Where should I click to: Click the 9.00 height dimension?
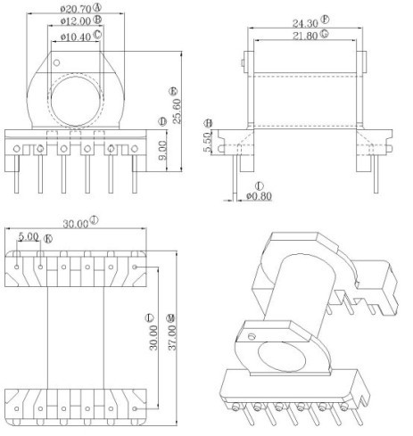pos(161,146)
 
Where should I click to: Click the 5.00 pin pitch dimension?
pos(27,238)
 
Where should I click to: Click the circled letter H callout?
pos(209,122)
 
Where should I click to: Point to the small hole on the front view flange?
pos(56,64)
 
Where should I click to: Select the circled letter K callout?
pos(48,239)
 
